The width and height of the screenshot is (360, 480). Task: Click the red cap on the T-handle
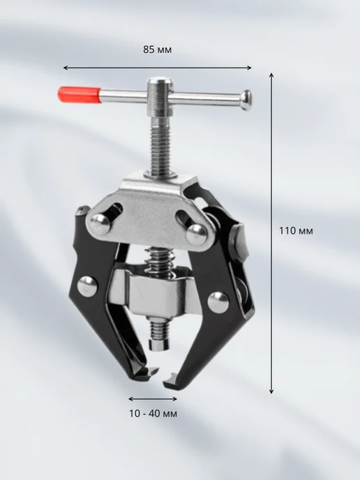80,94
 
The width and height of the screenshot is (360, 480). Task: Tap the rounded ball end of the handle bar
247,100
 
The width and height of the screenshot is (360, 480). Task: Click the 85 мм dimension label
158,50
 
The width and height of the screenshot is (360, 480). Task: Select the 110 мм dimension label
296,230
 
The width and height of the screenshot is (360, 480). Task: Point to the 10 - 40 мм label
153,414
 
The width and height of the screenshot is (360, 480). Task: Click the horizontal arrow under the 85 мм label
158,68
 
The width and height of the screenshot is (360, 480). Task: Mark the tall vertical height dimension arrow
271,233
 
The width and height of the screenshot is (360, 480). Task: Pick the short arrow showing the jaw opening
153,399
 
